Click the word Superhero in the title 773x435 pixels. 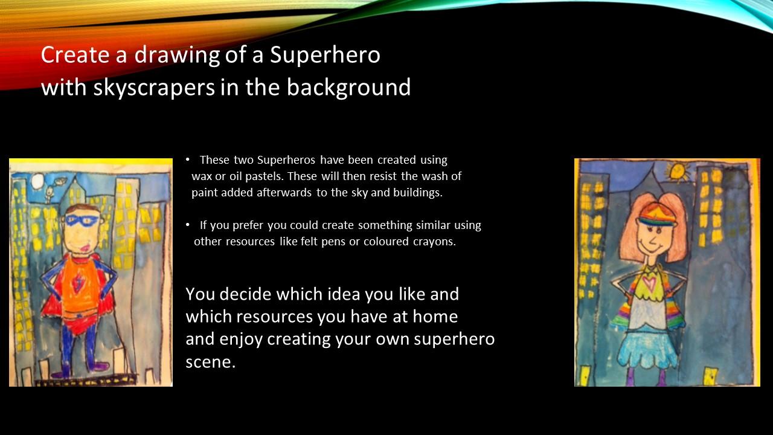325,55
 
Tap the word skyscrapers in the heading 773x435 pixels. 154,88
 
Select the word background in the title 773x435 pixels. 348,88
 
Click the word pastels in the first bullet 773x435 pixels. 265,176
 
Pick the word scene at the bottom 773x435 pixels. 211,362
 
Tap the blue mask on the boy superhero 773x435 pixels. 82,221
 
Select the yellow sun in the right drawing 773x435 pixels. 678,172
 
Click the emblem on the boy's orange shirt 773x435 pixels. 76,283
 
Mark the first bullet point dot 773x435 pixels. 187,159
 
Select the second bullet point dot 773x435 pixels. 187,225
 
